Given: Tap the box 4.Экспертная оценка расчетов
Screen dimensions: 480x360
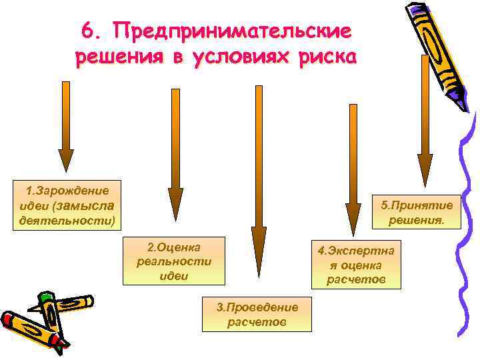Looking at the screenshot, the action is tap(356, 265).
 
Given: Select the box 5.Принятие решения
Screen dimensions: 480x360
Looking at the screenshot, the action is tap(417, 212).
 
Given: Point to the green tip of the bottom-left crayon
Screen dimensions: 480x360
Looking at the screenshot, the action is tap(45, 297).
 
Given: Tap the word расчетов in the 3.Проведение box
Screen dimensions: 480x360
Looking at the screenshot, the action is tap(257, 322).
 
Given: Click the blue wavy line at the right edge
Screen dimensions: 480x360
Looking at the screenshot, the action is tap(467, 220).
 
